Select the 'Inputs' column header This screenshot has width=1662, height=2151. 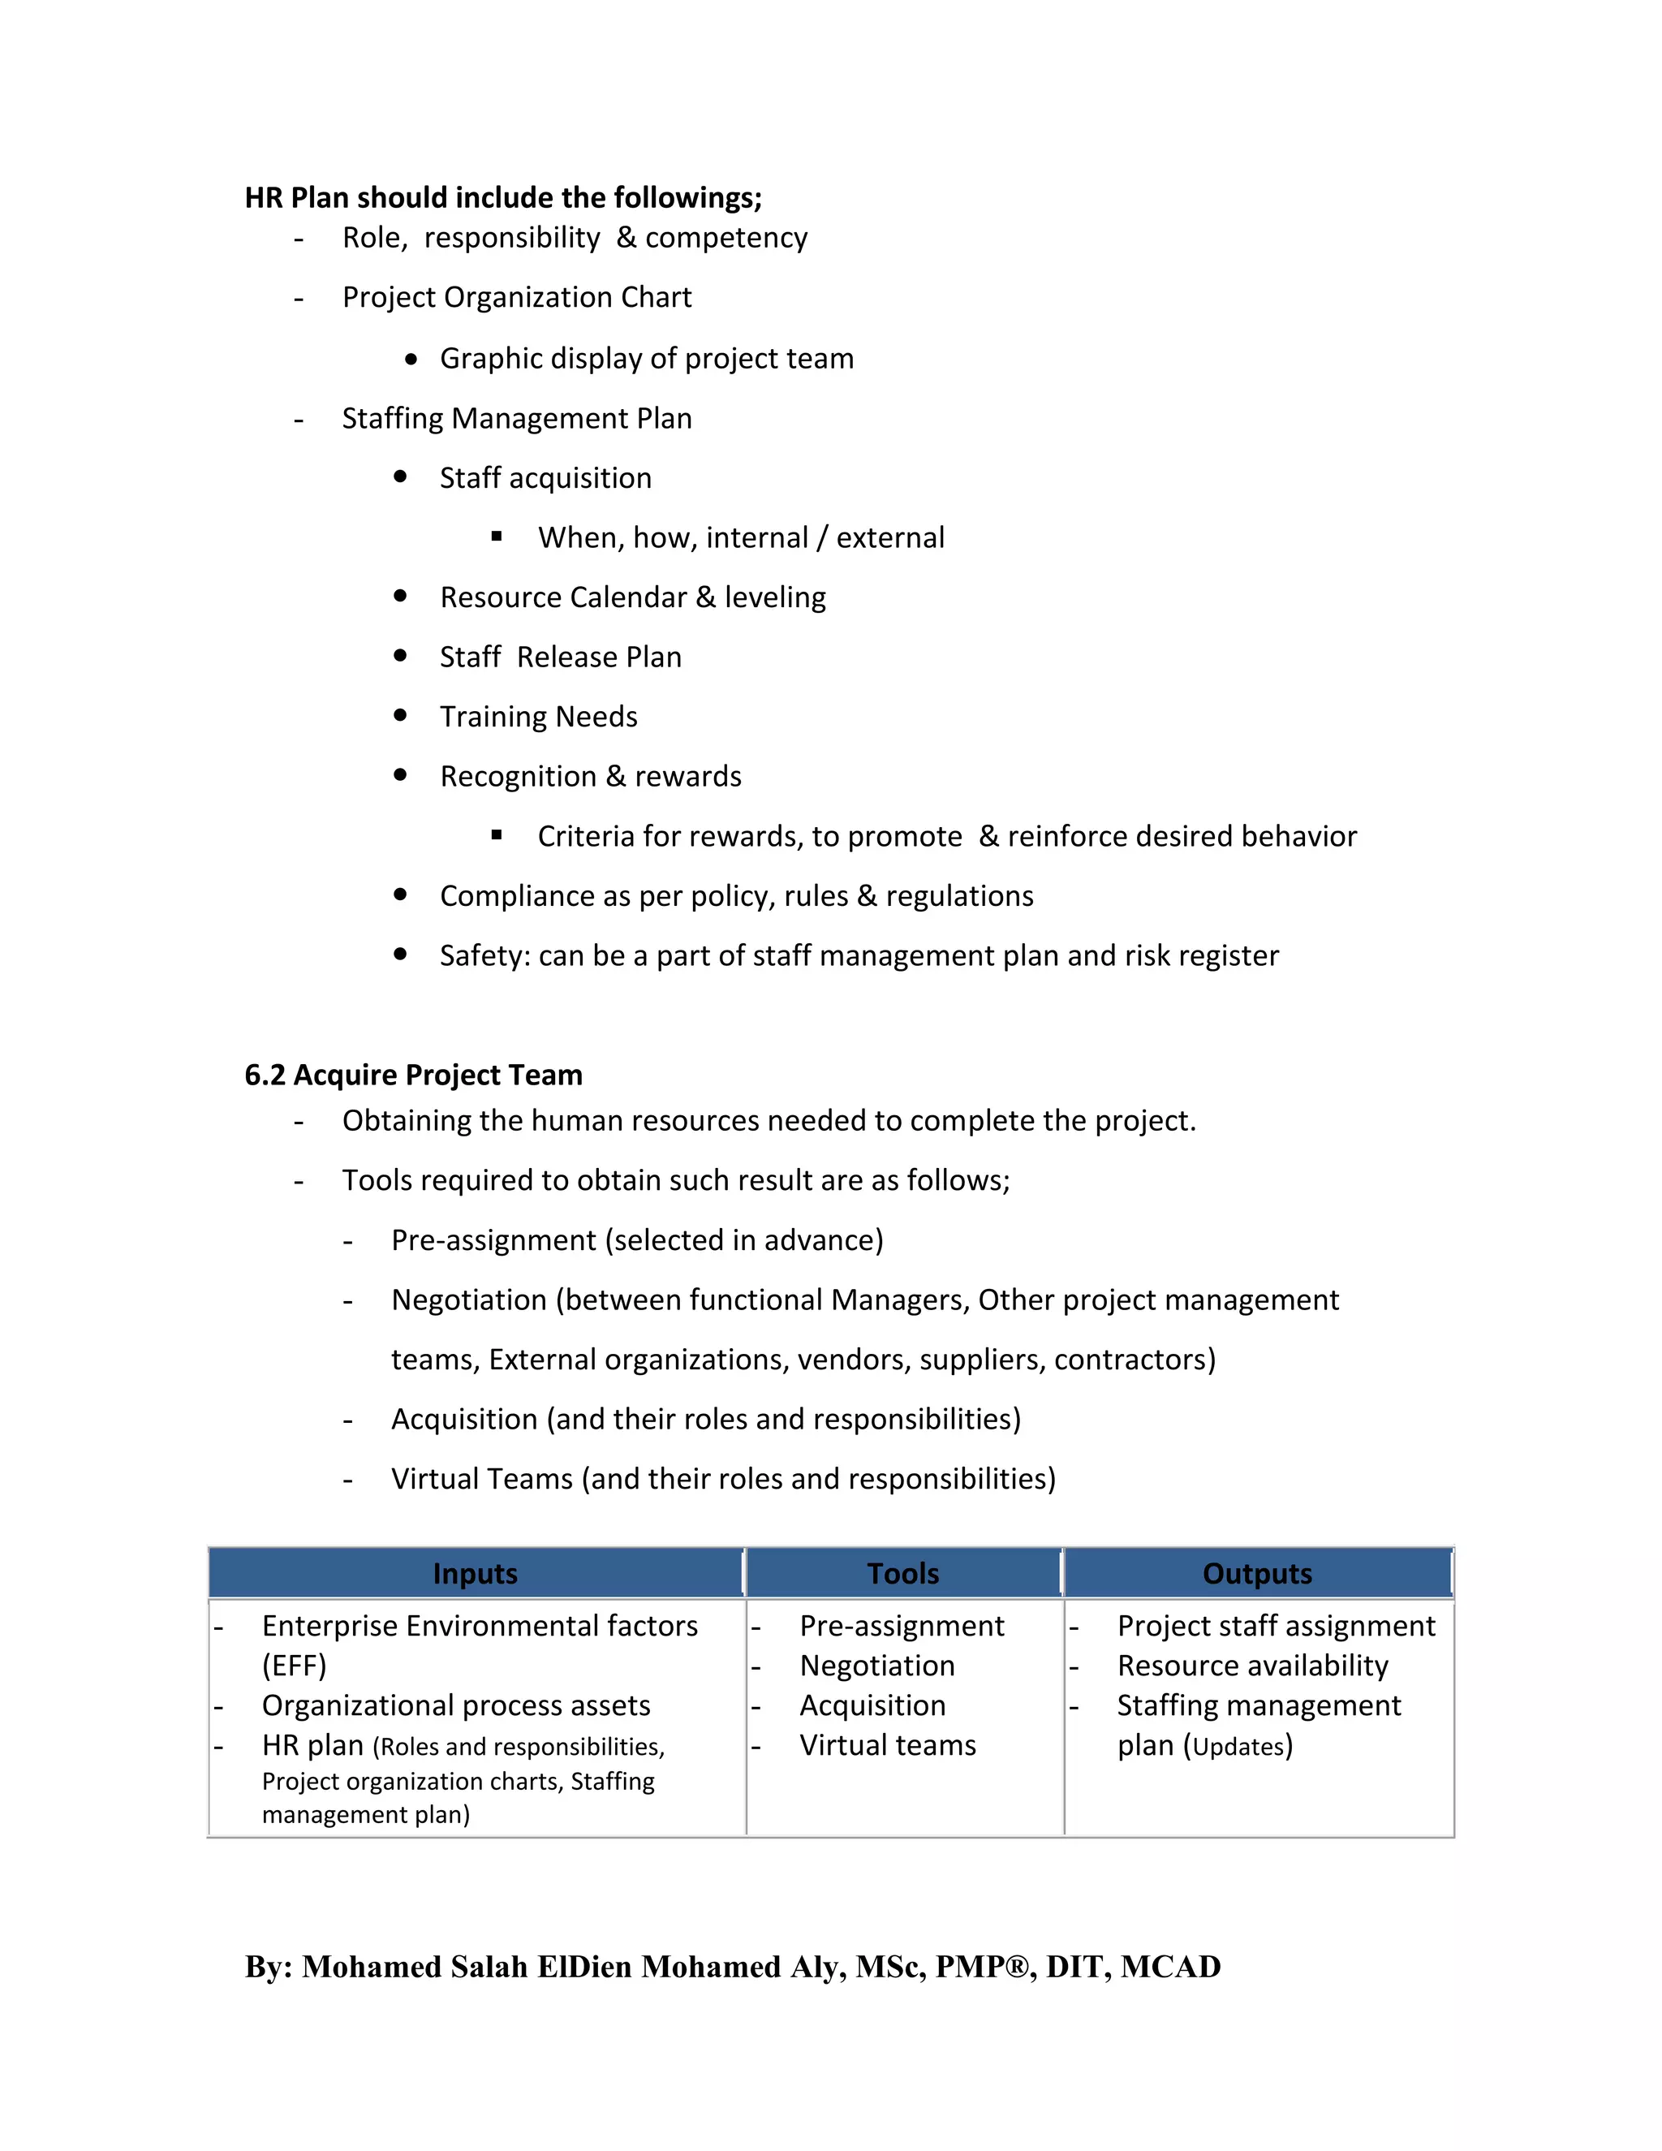[x=475, y=1574]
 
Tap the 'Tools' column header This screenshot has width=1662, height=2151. [x=903, y=1574]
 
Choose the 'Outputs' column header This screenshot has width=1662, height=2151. [x=1257, y=1574]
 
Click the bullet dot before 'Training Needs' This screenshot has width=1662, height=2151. [x=400, y=715]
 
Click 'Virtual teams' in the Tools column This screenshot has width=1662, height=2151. [x=887, y=1745]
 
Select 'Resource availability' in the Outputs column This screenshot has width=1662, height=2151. [x=1252, y=1666]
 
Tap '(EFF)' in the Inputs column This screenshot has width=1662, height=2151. [x=294, y=1666]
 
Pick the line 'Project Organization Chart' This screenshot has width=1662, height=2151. [x=517, y=297]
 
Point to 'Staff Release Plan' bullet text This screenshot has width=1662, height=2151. [x=560, y=657]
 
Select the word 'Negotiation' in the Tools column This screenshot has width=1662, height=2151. [x=877, y=1666]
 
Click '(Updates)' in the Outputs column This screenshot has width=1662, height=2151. [x=1238, y=1746]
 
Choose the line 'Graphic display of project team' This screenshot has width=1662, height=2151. [x=646, y=359]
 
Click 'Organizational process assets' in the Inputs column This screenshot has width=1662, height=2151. [x=456, y=1706]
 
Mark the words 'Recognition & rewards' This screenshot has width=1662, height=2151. [x=590, y=776]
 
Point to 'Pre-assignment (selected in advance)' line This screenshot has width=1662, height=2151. [x=637, y=1240]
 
